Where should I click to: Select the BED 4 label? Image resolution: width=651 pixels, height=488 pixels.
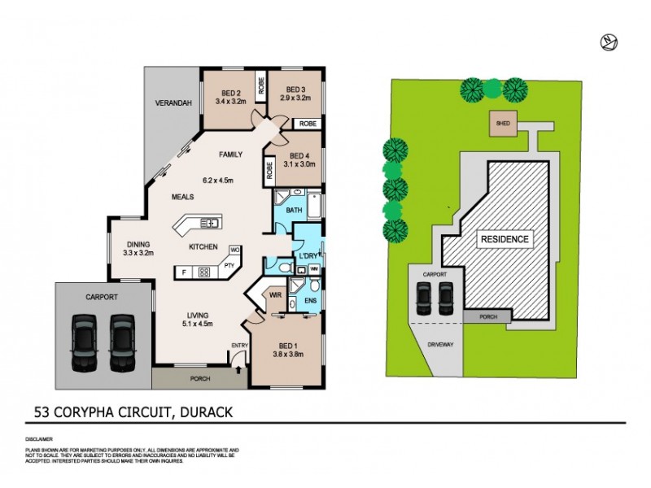pyautogui.click(x=299, y=156)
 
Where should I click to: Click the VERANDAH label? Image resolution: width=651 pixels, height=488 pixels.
pyautogui.click(x=173, y=103)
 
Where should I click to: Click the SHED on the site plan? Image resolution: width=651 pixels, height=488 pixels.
pyautogui.click(x=503, y=124)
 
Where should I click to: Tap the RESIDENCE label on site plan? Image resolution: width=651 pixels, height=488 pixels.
pyautogui.click(x=505, y=239)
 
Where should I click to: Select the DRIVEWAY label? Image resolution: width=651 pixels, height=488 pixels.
pyautogui.click(x=442, y=343)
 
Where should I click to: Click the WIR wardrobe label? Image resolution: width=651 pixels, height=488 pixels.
pyautogui.click(x=276, y=295)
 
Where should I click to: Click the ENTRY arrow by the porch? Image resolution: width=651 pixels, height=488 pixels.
pyautogui.click(x=238, y=368)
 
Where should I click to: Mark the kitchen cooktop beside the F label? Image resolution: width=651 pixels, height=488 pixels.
pyautogui.click(x=204, y=272)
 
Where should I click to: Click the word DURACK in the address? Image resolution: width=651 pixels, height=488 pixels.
pyautogui.click(x=203, y=412)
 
